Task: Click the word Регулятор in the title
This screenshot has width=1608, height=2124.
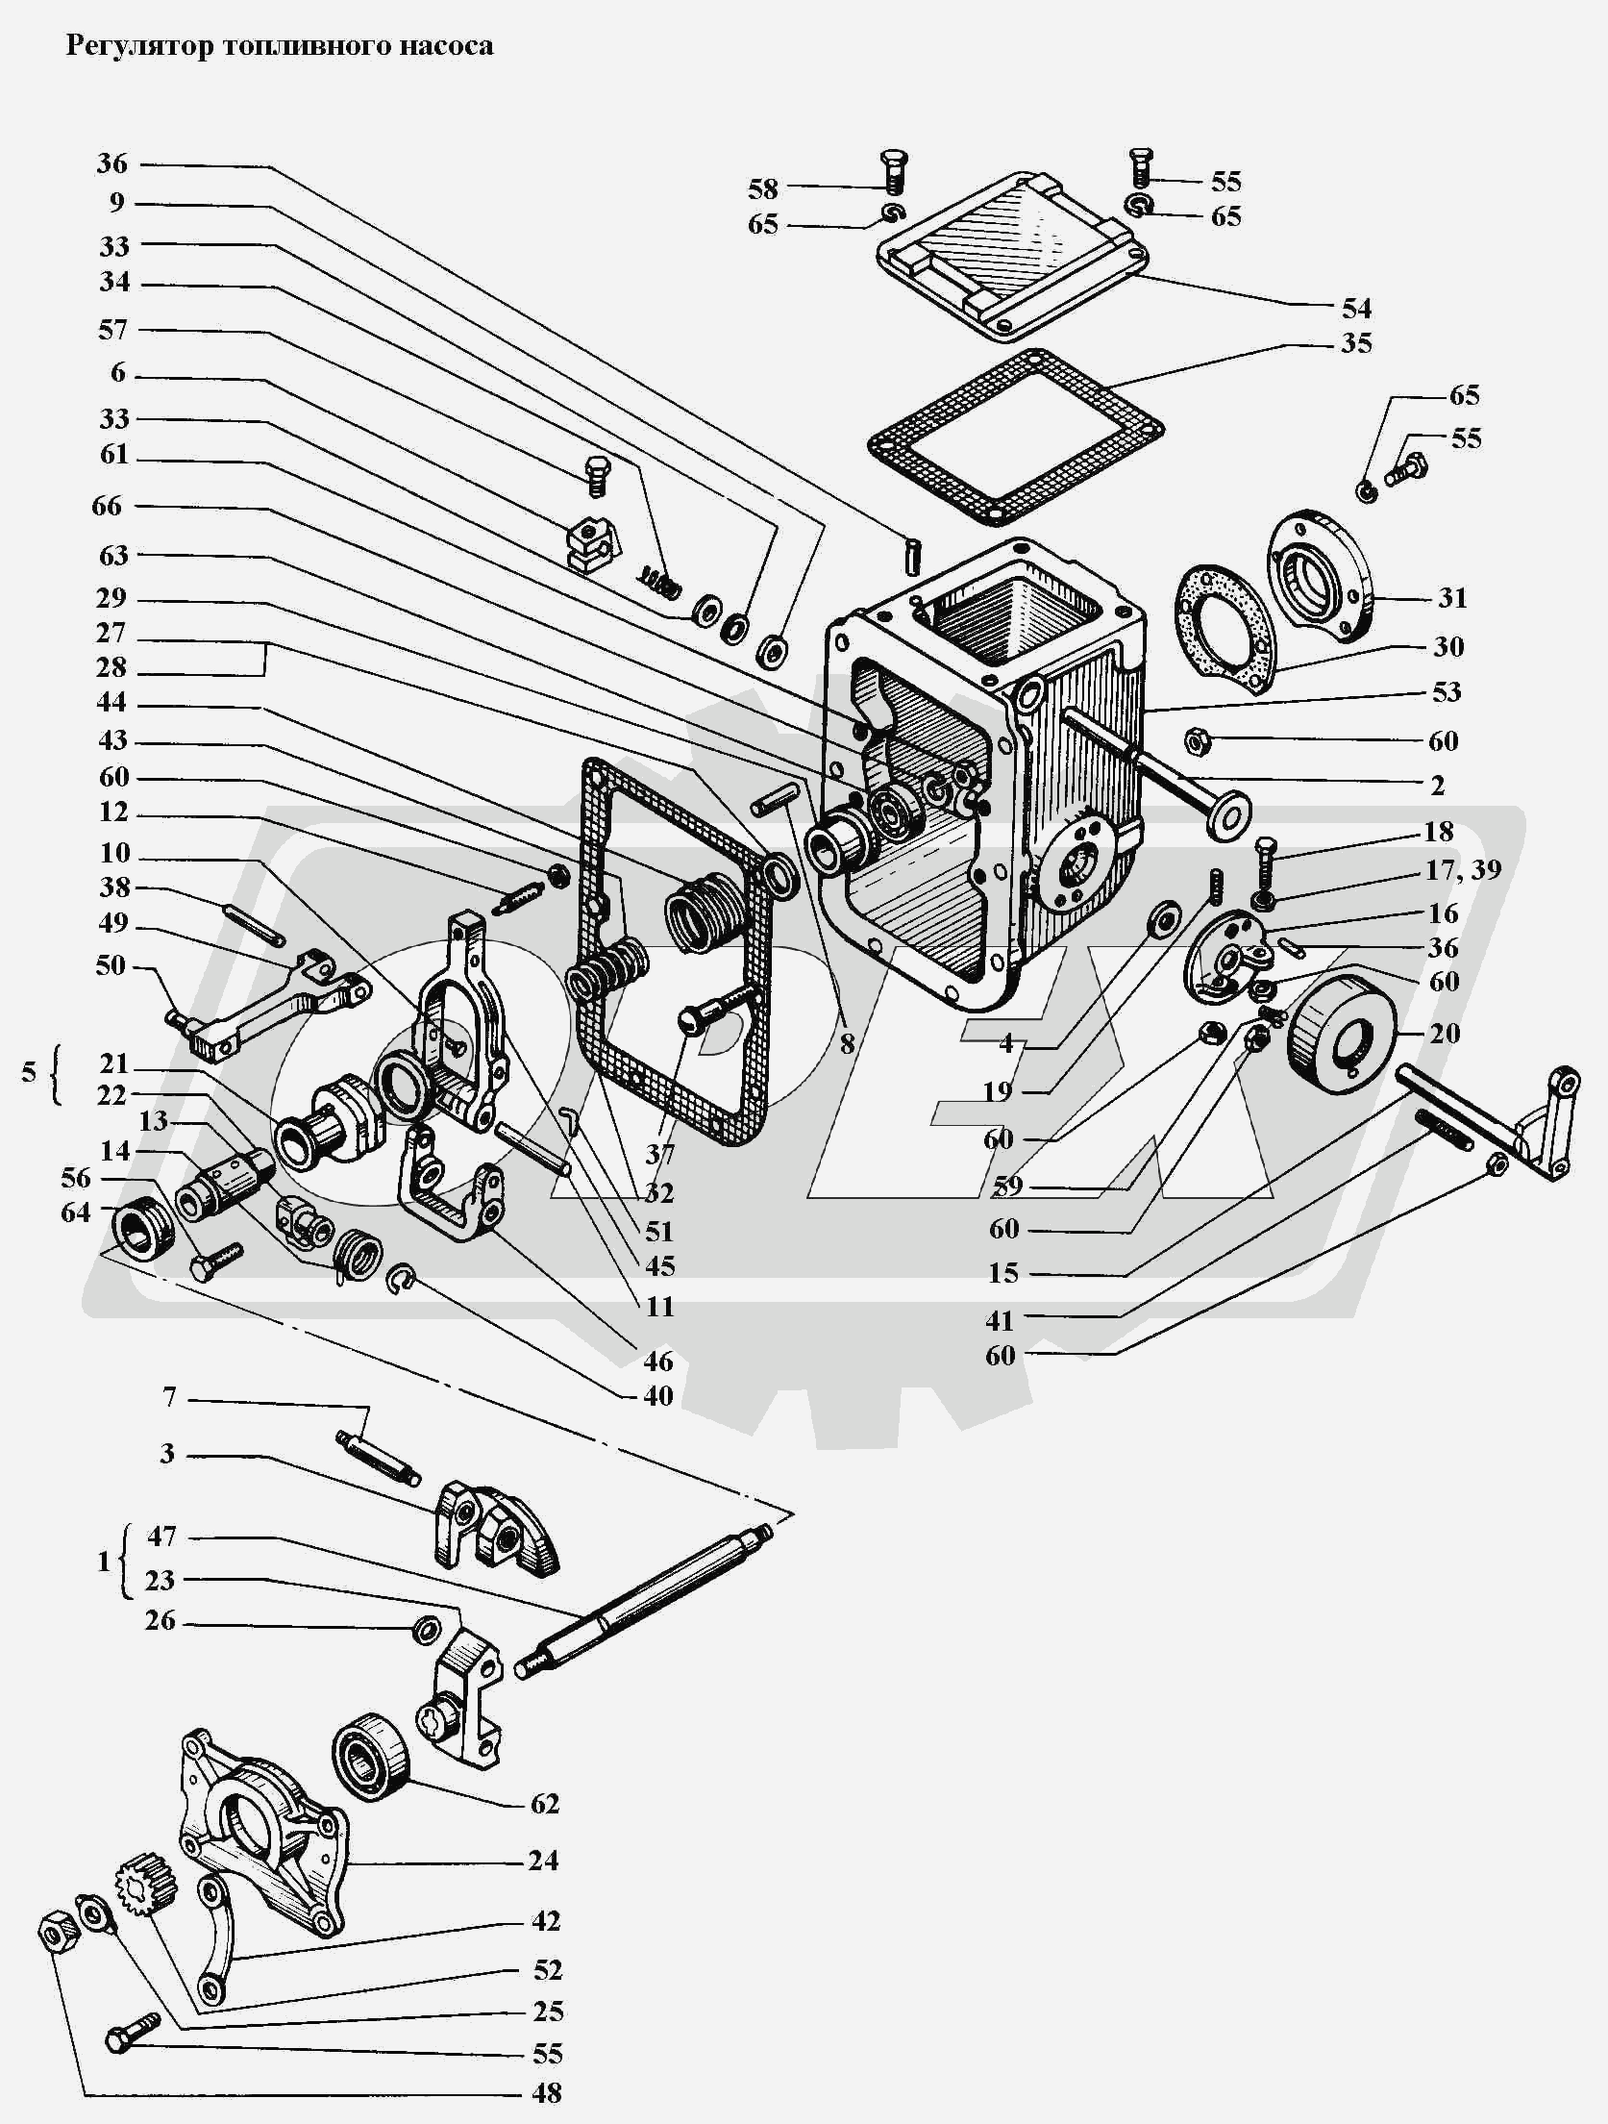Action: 137,46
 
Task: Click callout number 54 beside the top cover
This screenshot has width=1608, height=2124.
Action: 1356,309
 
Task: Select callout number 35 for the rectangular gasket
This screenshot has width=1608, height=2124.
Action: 1356,343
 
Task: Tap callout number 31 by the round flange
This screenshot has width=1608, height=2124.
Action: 1452,598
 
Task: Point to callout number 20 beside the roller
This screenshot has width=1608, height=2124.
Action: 1445,1034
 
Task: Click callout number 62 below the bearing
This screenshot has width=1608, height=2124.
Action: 544,1804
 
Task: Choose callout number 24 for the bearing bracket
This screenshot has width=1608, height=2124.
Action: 543,1861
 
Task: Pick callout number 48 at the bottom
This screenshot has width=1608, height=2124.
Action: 546,2093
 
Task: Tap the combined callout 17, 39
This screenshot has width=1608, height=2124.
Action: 1464,870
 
